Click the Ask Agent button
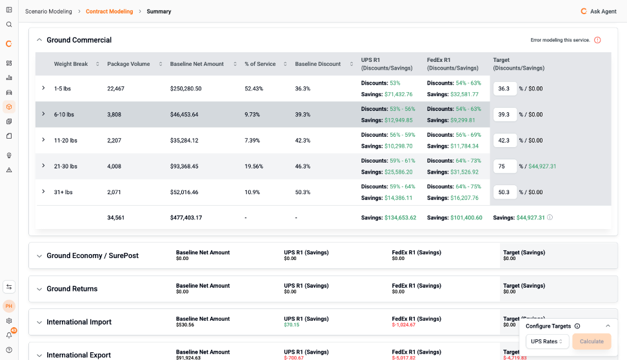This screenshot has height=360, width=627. [x=598, y=11]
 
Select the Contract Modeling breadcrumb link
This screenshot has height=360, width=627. [x=109, y=11]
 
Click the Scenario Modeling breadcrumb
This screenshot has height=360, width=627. [x=48, y=11]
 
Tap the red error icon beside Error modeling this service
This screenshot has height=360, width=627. [x=597, y=40]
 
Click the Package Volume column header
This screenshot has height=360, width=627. [x=128, y=64]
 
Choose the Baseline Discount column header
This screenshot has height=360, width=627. [x=318, y=64]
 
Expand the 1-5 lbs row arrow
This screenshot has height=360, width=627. [x=44, y=88]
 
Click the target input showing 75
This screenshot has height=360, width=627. [x=504, y=166]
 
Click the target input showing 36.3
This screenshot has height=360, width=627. [x=504, y=89]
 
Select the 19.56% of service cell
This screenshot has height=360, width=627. [x=254, y=166]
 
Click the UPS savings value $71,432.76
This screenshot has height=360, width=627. [x=398, y=94]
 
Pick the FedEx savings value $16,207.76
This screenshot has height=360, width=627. [x=464, y=197]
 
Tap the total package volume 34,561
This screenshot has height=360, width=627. [x=115, y=217]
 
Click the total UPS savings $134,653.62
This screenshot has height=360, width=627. [x=401, y=217]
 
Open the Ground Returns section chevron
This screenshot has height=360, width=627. [x=39, y=289]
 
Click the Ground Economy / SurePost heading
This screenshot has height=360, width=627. [x=92, y=255]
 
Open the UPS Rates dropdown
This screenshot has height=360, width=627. [x=547, y=341]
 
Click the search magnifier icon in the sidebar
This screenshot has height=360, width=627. [x=9, y=25]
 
